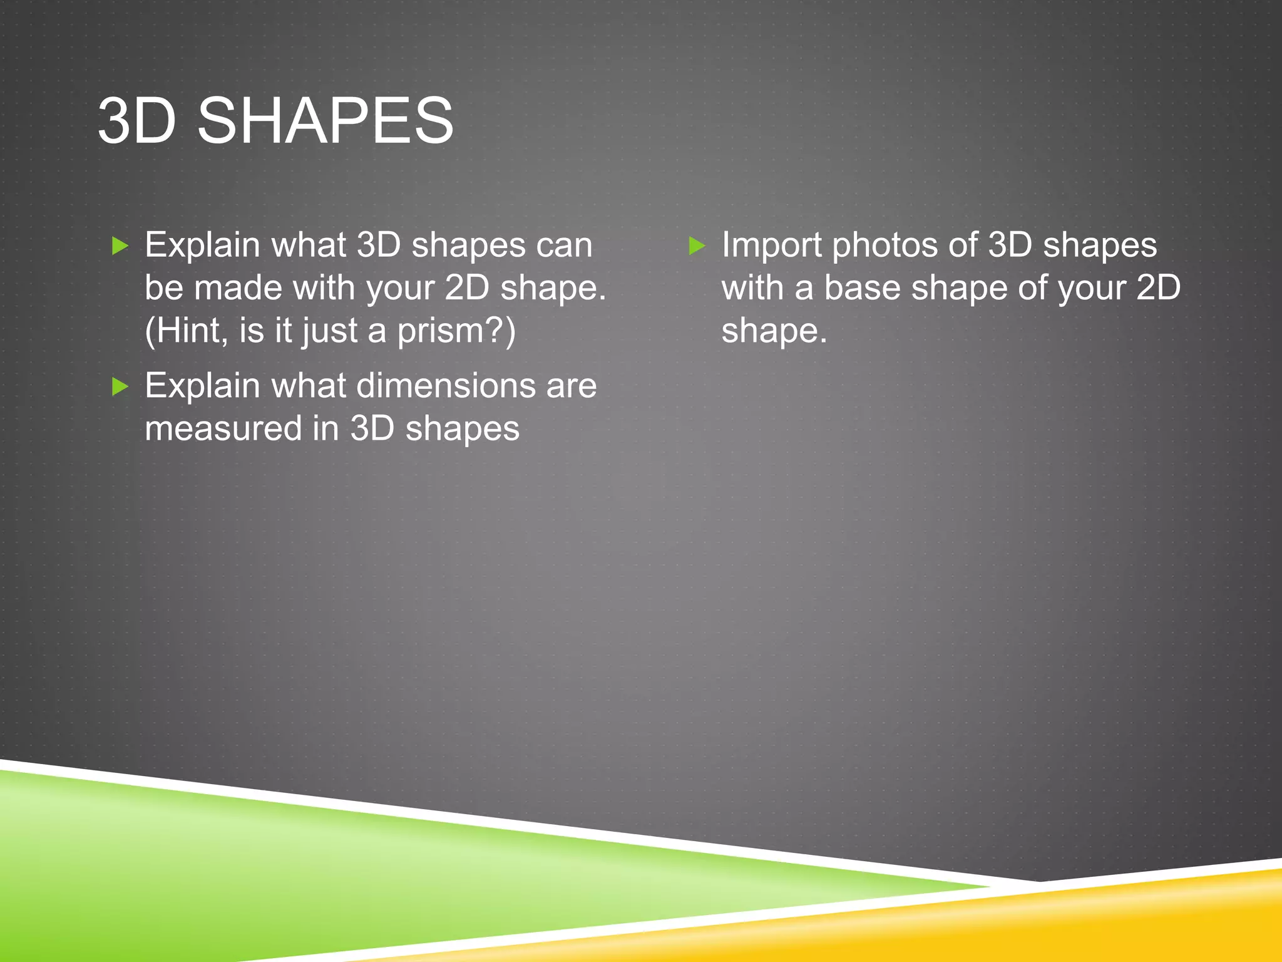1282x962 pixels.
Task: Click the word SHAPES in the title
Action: pyautogui.click(x=325, y=120)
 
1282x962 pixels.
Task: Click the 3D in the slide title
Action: pyautogui.click(x=136, y=120)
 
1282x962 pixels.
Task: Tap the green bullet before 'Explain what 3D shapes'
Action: pyautogui.click(x=120, y=246)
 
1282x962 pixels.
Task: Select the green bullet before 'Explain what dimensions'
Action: pyautogui.click(x=120, y=386)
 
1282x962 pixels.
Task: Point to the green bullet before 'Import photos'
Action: pyautogui.click(x=697, y=246)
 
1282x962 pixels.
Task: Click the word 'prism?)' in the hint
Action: pyautogui.click(x=456, y=331)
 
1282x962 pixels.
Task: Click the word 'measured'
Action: pyautogui.click(x=223, y=428)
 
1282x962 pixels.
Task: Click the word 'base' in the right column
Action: pyautogui.click(x=861, y=288)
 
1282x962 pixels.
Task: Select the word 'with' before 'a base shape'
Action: pyautogui.click(x=752, y=288)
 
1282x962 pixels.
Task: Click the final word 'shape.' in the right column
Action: pyautogui.click(x=774, y=332)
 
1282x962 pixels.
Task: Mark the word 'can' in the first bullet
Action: pyautogui.click(x=564, y=246)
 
